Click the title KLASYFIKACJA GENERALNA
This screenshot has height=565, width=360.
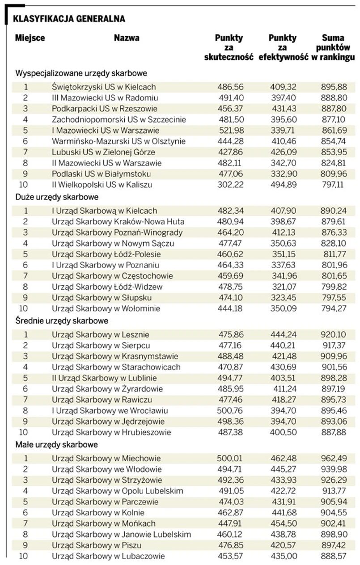point(69,19)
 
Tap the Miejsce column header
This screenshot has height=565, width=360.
point(30,38)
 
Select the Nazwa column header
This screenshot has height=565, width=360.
point(127,38)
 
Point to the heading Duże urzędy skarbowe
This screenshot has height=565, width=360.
point(57,196)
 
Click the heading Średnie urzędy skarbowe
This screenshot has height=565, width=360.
point(62,320)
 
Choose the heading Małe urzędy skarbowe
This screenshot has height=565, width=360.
point(56,444)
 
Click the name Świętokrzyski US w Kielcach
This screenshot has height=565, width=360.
point(104,87)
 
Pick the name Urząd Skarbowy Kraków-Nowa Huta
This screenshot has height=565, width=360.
point(118,222)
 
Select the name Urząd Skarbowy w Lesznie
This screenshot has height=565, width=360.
point(101,334)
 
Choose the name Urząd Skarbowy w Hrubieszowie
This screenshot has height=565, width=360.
point(112,432)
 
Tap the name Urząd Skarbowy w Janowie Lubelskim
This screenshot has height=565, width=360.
point(121,534)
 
